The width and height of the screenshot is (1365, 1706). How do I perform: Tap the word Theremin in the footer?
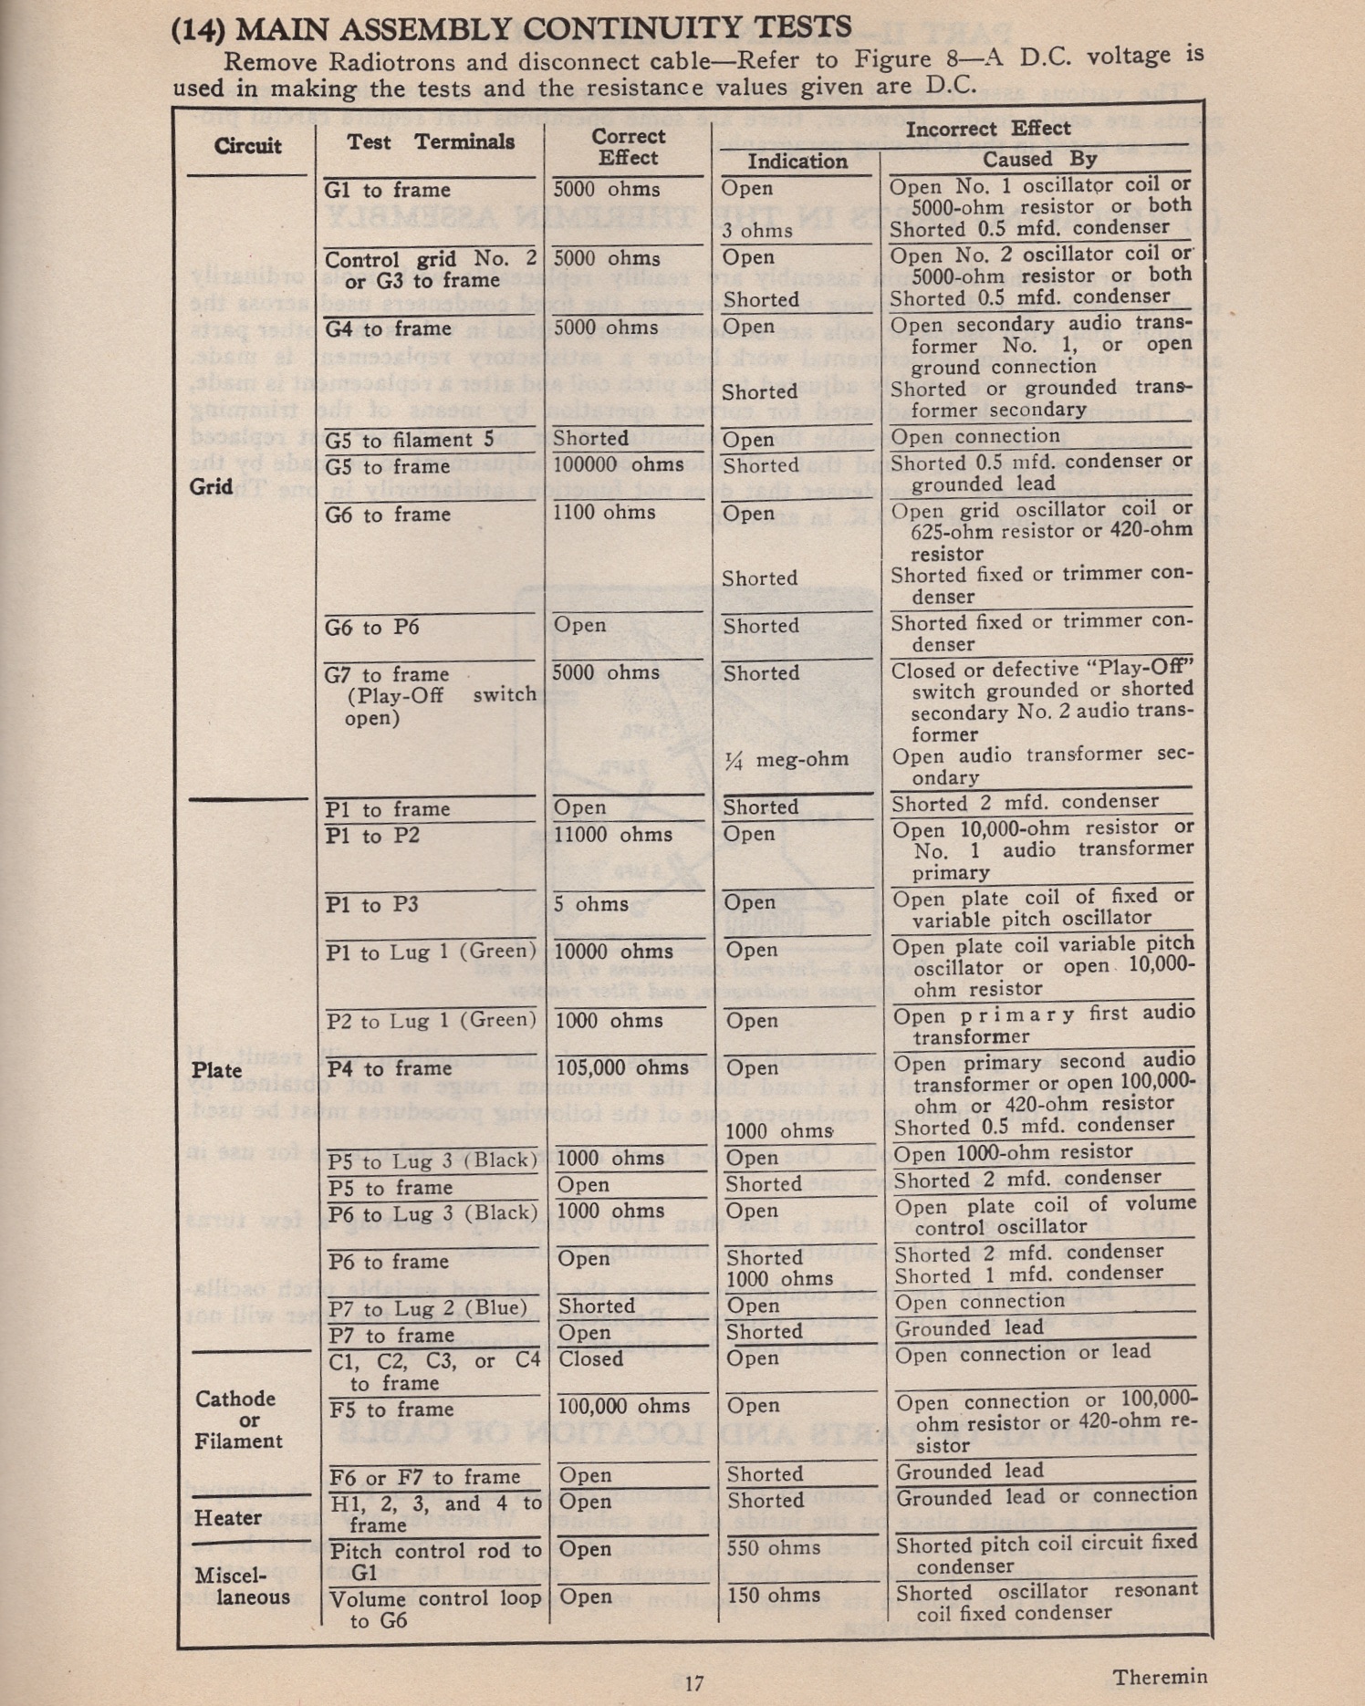tap(1160, 1677)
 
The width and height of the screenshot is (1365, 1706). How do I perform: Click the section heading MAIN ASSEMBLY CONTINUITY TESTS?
tap(544, 28)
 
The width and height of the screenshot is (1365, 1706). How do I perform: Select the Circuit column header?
tap(247, 146)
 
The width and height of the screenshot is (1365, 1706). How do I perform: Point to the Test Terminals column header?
tap(431, 141)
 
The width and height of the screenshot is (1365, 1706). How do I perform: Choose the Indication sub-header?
tap(797, 161)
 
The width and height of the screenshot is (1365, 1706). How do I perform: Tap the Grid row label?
tap(212, 486)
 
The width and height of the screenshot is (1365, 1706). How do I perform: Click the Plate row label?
tap(216, 1069)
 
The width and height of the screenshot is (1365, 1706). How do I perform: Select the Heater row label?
tap(228, 1517)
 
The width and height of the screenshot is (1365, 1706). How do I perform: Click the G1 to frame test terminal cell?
tap(388, 191)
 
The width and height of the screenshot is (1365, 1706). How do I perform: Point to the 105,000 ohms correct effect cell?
tap(623, 1067)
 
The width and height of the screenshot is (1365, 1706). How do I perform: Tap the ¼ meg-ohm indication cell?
tap(786, 760)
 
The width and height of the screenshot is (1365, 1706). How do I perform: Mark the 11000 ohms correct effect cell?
tap(613, 835)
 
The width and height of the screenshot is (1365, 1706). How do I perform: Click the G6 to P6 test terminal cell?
tap(379, 627)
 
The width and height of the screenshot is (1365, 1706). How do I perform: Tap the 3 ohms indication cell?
tap(757, 231)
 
